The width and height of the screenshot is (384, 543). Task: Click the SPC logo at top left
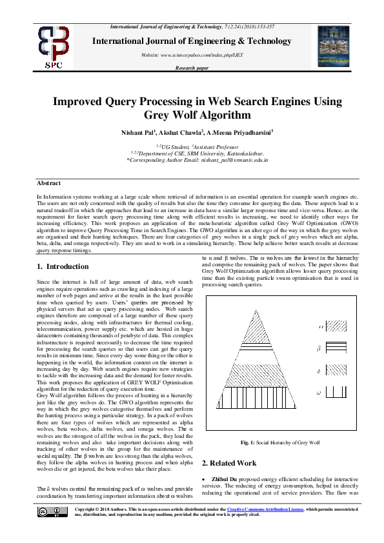coord(54,46)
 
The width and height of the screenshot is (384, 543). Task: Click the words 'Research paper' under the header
coord(192,67)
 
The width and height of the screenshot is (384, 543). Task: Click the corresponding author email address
coord(234,159)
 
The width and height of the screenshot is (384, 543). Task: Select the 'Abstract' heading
coord(49,184)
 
